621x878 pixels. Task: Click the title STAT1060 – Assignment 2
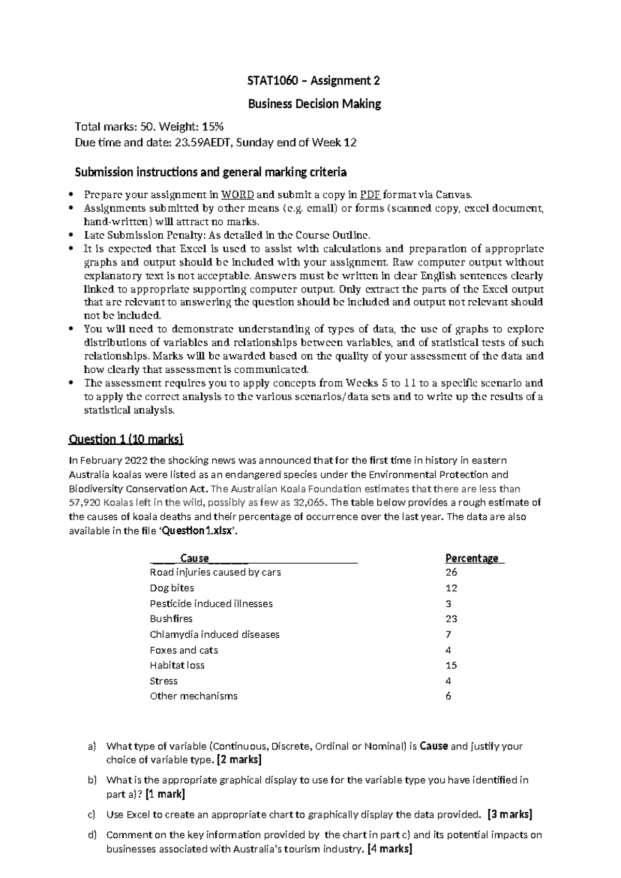(314, 81)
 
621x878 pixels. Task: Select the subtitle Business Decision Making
(314, 104)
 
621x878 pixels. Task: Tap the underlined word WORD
(237, 195)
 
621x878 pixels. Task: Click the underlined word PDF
(370, 195)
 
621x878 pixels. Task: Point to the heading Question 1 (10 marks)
(126, 440)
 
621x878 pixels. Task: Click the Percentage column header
(472, 558)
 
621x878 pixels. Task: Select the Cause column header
(195, 558)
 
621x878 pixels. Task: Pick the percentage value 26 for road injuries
(451, 572)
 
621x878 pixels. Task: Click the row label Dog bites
(172, 588)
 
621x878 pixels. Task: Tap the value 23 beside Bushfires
(451, 619)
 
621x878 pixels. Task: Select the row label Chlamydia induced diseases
(214, 634)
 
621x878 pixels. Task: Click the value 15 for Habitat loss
(451, 665)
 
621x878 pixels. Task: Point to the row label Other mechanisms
(194, 696)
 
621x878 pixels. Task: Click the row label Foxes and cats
(184, 650)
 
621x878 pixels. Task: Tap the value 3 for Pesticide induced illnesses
(448, 603)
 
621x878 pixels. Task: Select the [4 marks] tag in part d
(389, 849)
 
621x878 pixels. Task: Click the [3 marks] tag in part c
(509, 814)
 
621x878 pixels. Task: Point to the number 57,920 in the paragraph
(85, 502)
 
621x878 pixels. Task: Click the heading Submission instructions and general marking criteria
(211, 172)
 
